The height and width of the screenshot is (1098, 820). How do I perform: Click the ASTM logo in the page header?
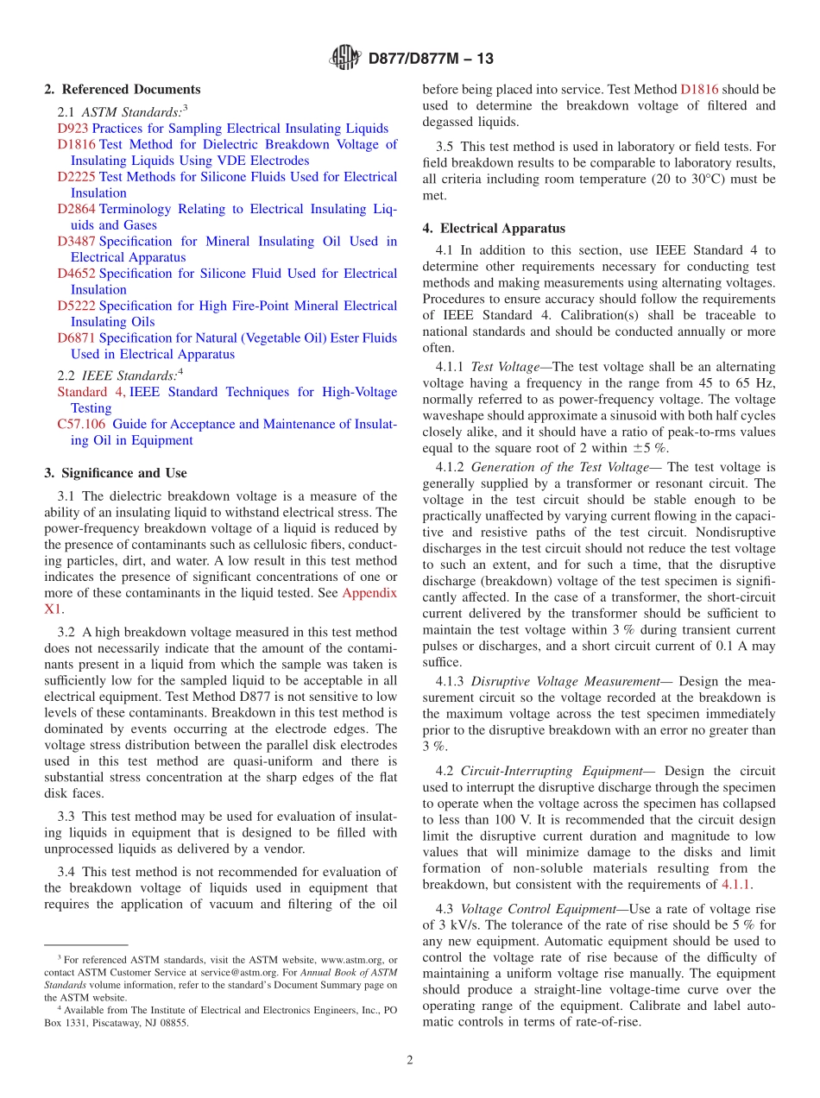coord(344,59)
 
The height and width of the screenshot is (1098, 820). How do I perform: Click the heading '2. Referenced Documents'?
coord(123,90)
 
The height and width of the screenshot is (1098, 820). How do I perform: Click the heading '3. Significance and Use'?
coord(116,473)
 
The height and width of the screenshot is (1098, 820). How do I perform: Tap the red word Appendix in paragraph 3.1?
coord(369,593)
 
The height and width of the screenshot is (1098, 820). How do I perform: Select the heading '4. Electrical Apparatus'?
coord(494,229)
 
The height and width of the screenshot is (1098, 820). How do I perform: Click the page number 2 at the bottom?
coord(410,1061)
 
